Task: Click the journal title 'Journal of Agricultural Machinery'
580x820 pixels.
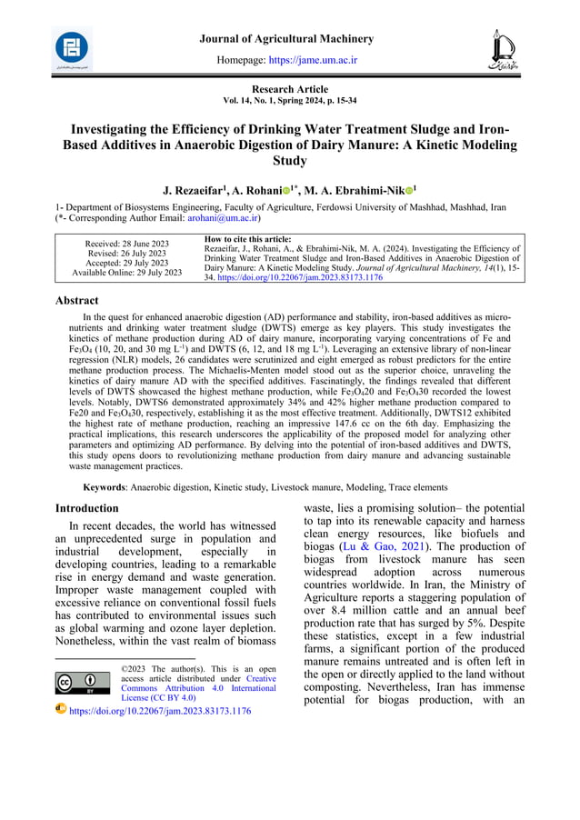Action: point(286,39)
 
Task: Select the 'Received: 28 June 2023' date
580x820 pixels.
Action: point(126,244)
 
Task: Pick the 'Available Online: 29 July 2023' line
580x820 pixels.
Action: point(126,273)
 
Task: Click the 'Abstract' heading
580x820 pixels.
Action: point(77,300)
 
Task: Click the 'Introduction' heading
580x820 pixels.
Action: point(87,508)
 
